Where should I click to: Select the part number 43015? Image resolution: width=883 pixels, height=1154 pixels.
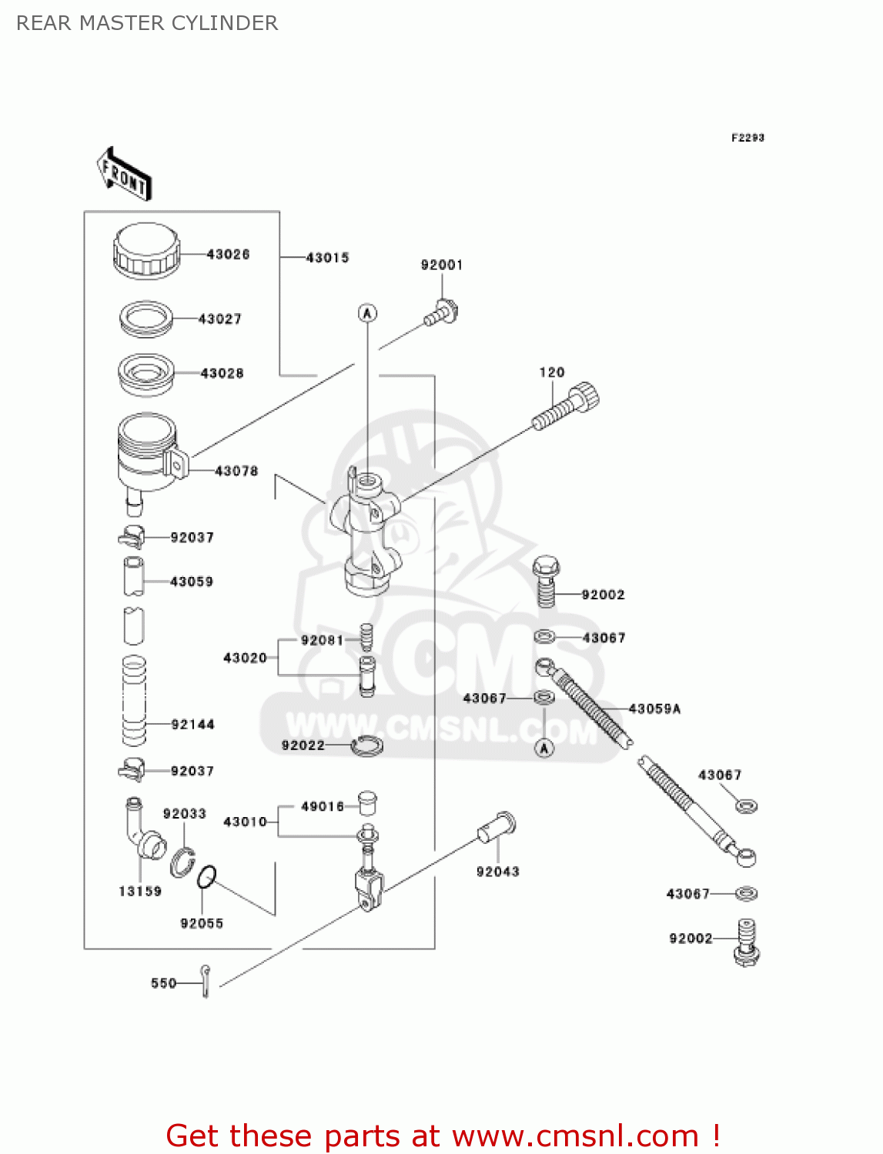point(327,258)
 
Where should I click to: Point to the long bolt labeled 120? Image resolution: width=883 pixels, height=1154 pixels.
point(566,407)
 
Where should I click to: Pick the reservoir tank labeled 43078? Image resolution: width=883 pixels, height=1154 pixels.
point(149,455)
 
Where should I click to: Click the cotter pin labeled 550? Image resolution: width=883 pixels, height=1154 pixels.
point(205,981)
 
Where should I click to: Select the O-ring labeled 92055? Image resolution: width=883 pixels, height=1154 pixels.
point(206,876)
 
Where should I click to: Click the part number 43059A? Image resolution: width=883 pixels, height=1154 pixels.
point(654,709)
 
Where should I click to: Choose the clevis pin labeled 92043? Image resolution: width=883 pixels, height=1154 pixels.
point(497,828)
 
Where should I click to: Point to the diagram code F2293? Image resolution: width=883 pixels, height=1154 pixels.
point(748,138)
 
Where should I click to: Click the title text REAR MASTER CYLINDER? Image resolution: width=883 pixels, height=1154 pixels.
point(147,23)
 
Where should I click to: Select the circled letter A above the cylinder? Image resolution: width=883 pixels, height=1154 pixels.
point(367,313)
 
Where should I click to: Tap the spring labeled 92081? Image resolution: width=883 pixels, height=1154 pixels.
point(367,638)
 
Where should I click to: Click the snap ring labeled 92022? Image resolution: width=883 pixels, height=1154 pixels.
point(367,745)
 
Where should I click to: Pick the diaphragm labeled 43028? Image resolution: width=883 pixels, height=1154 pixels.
point(145,374)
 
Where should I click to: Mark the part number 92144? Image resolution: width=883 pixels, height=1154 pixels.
point(192,724)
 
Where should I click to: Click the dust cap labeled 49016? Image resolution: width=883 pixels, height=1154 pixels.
point(367,802)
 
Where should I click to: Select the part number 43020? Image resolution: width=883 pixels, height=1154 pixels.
point(245,658)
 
